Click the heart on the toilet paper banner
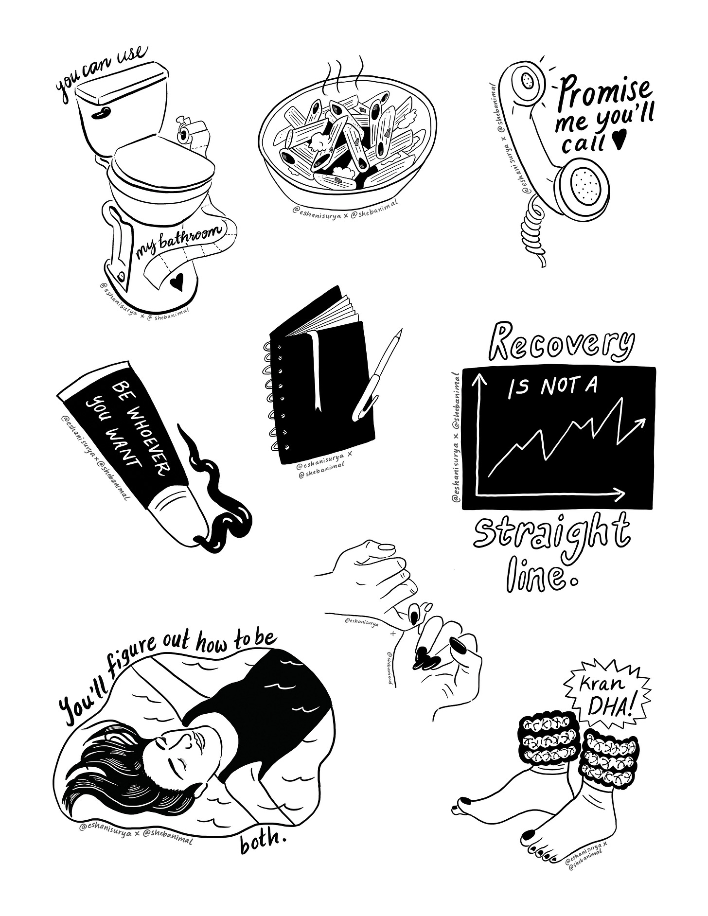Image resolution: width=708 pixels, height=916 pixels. tap(177, 281)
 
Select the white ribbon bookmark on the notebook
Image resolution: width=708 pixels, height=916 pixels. tap(316, 370)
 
